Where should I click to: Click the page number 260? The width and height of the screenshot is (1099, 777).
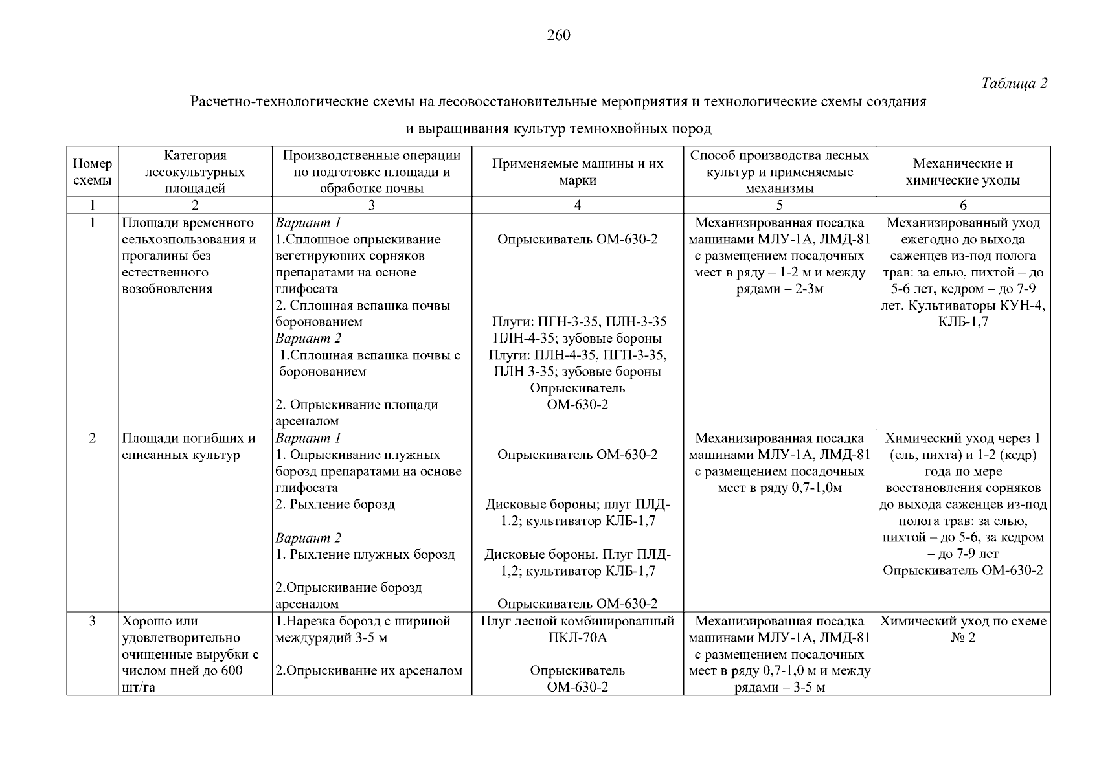[558, 36]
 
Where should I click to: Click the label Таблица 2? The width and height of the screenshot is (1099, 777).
[1014, 84]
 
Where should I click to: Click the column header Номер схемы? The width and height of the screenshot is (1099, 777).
[92, 172]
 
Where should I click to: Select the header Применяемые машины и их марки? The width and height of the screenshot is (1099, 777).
[578, 172]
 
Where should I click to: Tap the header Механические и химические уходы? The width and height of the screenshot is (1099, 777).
[962, 172]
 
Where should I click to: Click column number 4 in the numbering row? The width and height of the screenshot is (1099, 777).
[578, 205]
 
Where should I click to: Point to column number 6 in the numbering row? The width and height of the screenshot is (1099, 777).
[963, 205]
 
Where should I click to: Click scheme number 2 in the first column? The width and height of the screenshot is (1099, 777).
[92, 438]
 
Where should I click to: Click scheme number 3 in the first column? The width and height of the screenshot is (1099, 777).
[92, 621]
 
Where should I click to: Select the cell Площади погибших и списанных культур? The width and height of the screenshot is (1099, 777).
[188, 447]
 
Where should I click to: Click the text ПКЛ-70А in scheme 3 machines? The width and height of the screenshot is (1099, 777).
[577, 638]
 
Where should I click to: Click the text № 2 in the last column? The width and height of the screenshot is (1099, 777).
[962, 638]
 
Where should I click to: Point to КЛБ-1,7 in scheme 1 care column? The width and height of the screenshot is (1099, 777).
[962, 322]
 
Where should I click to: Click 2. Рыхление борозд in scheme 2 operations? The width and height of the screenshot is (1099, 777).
[335, 504]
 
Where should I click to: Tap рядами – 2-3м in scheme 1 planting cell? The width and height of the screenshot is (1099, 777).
[779, 289]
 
